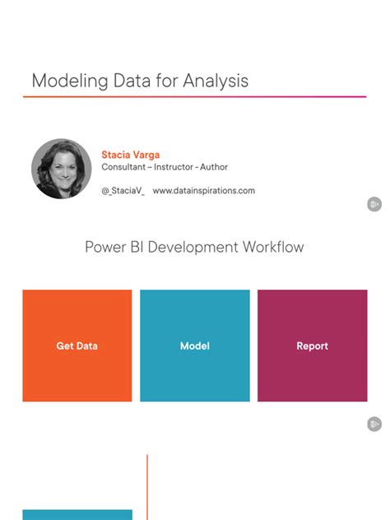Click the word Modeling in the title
click(x=65, y=81)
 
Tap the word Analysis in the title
click(x=216, y=81)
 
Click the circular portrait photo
click(x=61, y=168)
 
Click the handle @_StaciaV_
click(x=123, y=191)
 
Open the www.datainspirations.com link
click(x=203, y=191)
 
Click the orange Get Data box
click(x=77, y=346)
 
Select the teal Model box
click(x=194, y=346)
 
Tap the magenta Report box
click(x=312, y=346)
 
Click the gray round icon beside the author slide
click(x=374, y=204)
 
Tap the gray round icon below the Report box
click(x=374, y=425)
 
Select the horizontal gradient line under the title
click(x=194, y=97)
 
